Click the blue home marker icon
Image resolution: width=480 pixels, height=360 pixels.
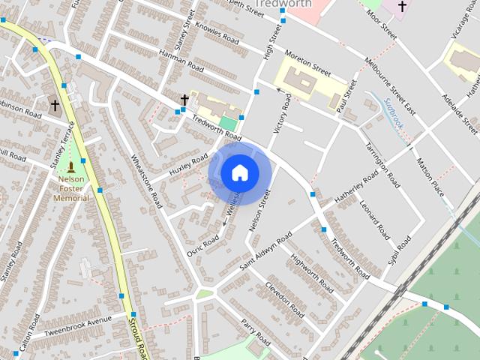[x=239, y=173]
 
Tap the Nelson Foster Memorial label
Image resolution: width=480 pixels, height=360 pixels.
[x=71, y=188]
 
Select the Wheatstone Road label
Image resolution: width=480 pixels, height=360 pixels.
[x=147, y=180]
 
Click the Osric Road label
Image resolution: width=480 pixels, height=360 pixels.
[x=202, y=245]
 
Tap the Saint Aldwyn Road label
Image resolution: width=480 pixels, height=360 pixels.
[x=265, y=253]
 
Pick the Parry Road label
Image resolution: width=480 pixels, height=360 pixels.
[x=255, y=331]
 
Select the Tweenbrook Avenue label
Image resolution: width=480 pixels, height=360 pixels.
[x=77, y=327]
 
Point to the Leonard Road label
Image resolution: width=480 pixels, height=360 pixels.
[x=374, y=217]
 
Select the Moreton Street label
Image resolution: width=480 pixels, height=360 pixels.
[x=307, y=63]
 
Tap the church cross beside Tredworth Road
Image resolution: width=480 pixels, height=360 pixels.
[x=184, y=99]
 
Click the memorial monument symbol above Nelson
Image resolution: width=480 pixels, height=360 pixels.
[x=71, y=166]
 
